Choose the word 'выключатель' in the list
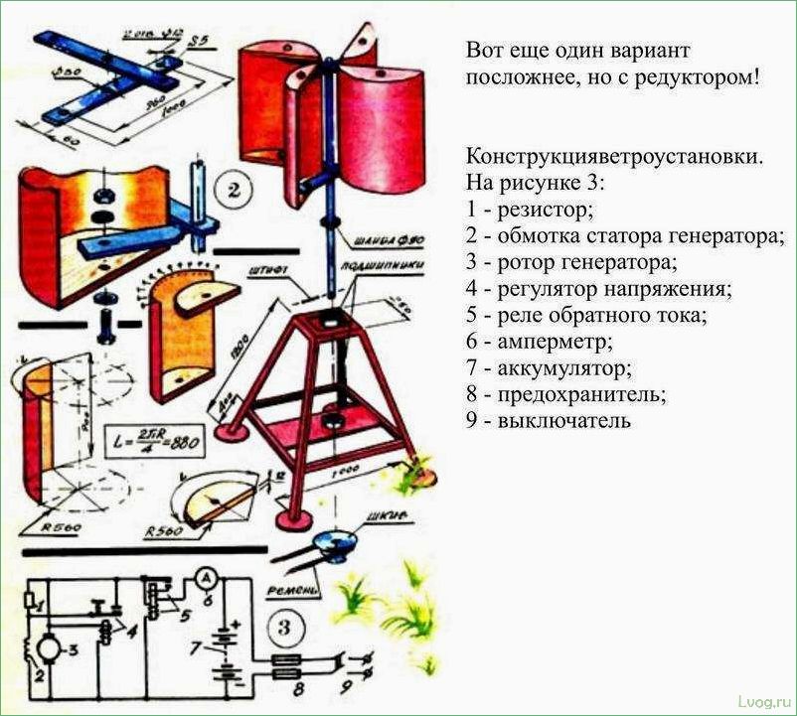click(x=555, y=420)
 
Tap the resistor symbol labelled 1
click(x=35, y=601)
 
